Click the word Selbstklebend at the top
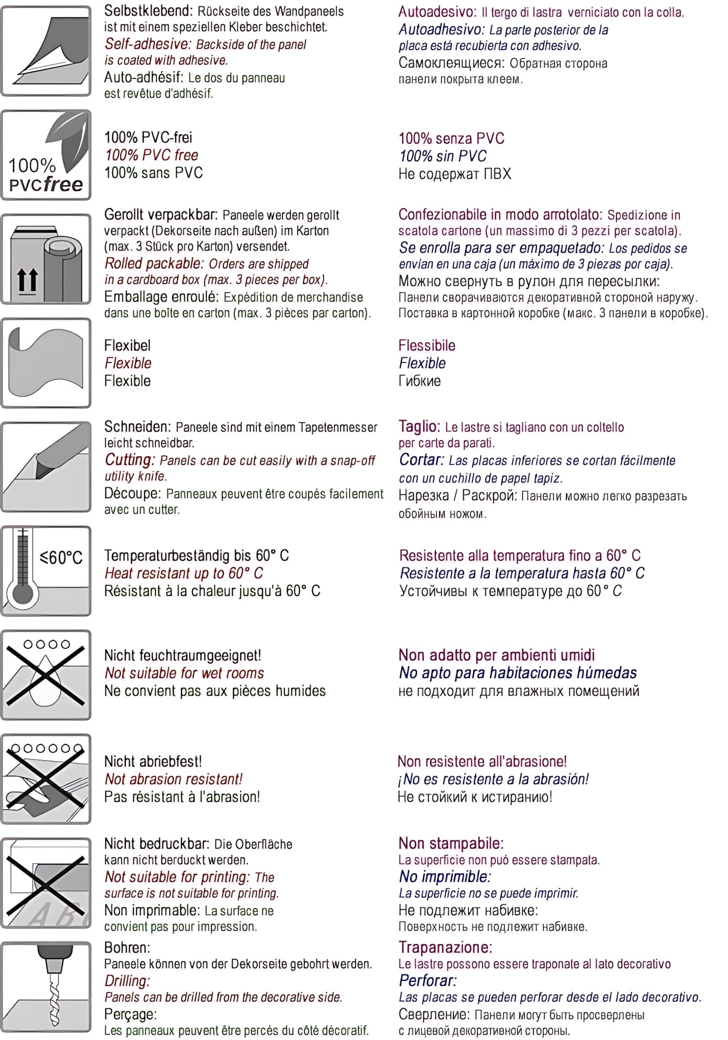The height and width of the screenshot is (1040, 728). (x=148, y=11)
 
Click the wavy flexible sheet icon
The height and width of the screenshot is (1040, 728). (x=46, y=362)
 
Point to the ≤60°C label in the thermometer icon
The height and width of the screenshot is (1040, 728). (x=61, y=557)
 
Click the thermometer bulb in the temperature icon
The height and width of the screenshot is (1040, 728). (x=22, y=593)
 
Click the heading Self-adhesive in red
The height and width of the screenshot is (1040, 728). (x=148, y=44)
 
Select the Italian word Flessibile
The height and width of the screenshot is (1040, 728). (x=427, y=346)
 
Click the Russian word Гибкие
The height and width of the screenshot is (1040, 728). (x=419, y=381)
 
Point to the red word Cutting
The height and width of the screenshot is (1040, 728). (x=130, y=460)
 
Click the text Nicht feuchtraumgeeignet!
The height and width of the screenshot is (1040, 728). (x=182, y=655)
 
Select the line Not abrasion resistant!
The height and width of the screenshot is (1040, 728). (x=173, y=779)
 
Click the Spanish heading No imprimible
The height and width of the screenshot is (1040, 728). (x=445, y=877)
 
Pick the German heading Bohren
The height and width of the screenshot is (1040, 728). (x=127, y=947)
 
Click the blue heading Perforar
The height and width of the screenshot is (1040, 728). (x=428, y=980)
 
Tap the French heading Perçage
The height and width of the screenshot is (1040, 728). (x=131, y=1014)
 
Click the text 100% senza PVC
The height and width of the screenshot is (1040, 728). (x=451, y=138)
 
